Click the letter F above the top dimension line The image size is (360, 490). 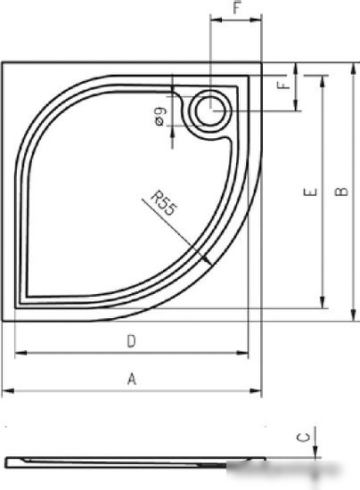click(238, 7)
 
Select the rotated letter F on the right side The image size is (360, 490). click(284, 85)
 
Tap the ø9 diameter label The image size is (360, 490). click(160, 116)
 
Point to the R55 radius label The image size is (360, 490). click(163, 204)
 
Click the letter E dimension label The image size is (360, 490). click(310, 192)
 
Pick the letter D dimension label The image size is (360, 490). click(132, 341)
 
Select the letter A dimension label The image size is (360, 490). click(132, 379)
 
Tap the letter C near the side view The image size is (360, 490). click(303, 437)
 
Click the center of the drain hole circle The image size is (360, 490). click(210, 110)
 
